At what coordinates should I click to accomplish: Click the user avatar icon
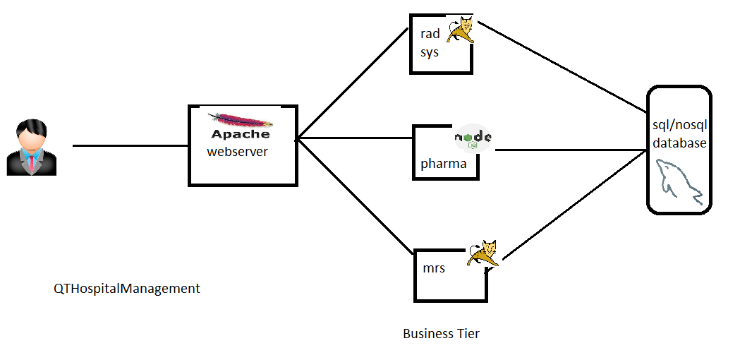tap(31, 148)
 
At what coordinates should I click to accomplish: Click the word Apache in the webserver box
tap(241, 134)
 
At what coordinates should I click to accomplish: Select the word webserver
tap(237, 151)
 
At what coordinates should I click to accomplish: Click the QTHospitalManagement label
tap(127, 289)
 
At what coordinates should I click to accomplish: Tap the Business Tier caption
tap(441, 333)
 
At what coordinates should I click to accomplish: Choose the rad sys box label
tap(430, 43)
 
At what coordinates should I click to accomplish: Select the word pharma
tap(443, 164)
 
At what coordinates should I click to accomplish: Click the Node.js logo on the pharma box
tap(473, 138)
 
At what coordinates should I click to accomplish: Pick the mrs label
tap(433, 268)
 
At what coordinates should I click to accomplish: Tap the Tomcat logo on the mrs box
tap(484, 253)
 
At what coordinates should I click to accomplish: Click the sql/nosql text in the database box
tap(679, 126)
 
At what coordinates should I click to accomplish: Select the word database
tap(679, 143)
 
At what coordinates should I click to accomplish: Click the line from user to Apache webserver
tap(131, 146)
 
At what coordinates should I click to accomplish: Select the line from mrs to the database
tap(571, 205)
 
